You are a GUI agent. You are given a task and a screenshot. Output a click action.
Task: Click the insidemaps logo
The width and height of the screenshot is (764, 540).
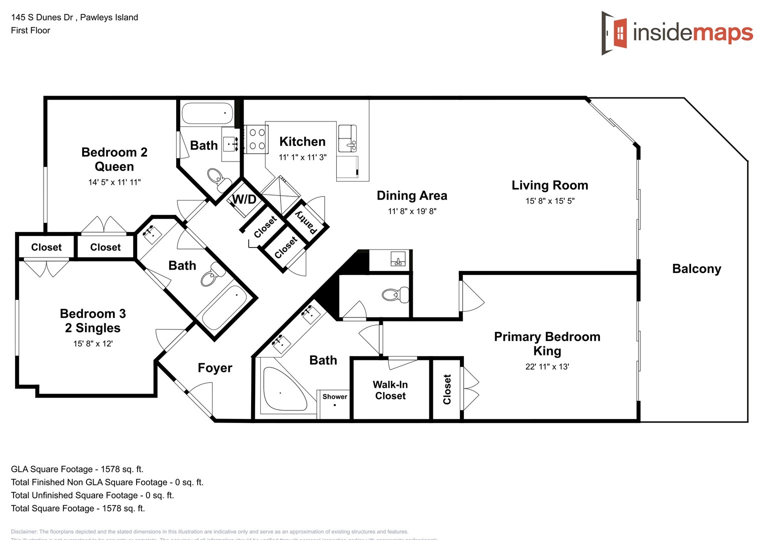click(x=677, y=33)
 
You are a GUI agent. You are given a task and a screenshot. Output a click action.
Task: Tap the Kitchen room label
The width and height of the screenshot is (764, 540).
click(x=302, y=142)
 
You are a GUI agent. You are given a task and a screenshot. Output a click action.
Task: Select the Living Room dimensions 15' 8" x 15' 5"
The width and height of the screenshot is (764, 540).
click(x=550, y=201)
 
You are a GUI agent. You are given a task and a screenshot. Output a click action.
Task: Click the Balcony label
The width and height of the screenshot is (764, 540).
click(x=696, y=269)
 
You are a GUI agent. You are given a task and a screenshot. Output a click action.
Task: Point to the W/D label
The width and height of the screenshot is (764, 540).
click(x=244, y=200)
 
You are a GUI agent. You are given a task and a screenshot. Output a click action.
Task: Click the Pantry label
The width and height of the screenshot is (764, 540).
click(x=306, y=222)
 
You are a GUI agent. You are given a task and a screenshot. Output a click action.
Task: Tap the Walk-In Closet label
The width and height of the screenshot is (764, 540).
click(x=390, y=390)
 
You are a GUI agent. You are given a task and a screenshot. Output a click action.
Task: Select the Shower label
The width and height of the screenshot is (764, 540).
click(x=335, y=396)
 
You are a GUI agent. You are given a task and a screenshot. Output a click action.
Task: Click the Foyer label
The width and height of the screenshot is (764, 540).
click(x=215, y=368)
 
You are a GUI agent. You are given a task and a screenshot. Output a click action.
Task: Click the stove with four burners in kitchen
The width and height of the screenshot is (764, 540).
click(x=257, y=139)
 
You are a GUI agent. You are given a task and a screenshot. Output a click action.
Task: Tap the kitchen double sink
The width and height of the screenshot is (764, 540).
click(x=348, y=138)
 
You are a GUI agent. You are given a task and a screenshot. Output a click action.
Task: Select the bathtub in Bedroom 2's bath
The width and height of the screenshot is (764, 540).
click(x=207, y=113)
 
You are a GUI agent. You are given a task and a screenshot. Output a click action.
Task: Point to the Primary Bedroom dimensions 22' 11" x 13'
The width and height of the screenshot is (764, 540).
click(x=547, y=366)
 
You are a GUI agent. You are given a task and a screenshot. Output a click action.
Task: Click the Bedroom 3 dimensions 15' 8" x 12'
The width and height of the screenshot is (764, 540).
click(x=93, y=343)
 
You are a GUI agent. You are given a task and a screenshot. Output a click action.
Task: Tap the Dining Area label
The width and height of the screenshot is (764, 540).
click(x=412, y=196)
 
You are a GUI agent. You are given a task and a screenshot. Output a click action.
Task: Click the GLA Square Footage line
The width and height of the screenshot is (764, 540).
click(x=77, y=469)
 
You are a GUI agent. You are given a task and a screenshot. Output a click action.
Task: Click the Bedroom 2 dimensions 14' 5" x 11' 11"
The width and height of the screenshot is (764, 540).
click(x=115, y=182)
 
